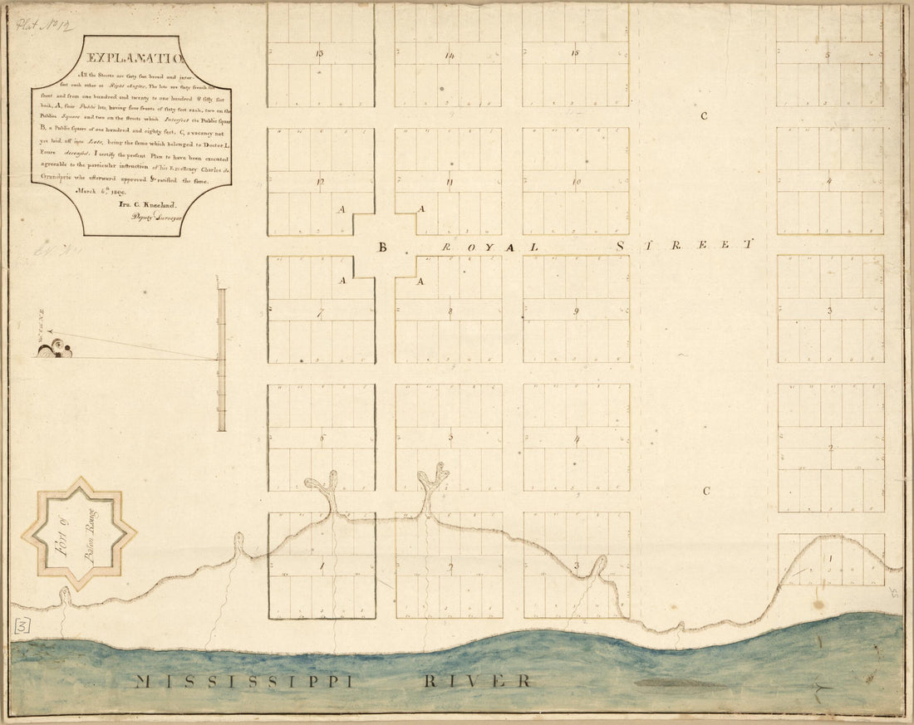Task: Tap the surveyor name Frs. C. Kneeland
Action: (x=132, y=203)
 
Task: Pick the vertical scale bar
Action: (x=222, y=360)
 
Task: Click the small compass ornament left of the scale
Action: (x=54, y=350)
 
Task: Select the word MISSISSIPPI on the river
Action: (x=246, y=682)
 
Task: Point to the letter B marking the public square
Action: (x=383, y=247)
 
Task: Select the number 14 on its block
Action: (x=449, y=56)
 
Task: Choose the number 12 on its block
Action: (x=320, y=181)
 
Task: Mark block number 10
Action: (x=576, y=181)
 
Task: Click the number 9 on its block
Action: (x=575, y=311)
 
